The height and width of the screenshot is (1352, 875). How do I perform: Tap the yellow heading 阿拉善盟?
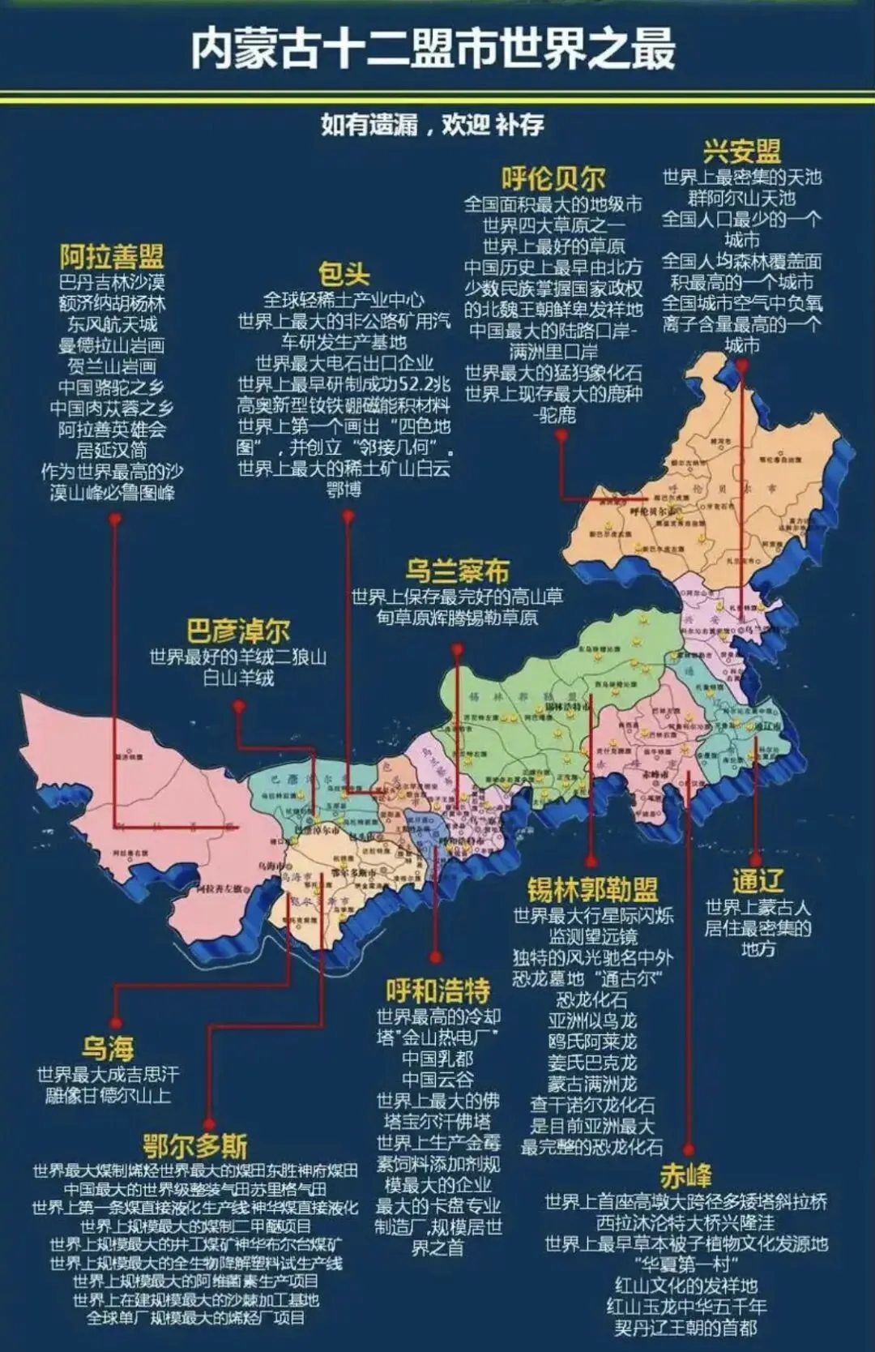tap(112, 258)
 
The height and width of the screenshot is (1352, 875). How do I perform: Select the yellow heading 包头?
tap(344, 274)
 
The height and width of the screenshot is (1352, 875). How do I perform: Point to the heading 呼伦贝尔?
tap(553, 178)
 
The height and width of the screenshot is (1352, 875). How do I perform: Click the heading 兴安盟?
tap(741, 151)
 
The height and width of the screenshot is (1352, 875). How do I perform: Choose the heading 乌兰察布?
tap(457, 571)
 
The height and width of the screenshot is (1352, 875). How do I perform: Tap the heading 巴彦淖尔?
tap(238, 631)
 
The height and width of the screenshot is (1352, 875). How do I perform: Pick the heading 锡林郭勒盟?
tap(592, 889)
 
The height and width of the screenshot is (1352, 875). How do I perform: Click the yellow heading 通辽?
tap(757, 880)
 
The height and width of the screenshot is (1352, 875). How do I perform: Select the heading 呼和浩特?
tap(437, 990)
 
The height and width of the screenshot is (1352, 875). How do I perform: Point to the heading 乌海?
tap(108, 1049)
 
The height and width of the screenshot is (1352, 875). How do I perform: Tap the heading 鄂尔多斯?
tap(195, 1146)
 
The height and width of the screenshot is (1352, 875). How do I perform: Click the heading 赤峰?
tap(685, 1175)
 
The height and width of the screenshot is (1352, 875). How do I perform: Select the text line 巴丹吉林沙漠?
tap(112, 282)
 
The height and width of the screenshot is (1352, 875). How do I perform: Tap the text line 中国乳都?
tap(437, 1059)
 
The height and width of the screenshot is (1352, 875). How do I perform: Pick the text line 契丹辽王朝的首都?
tap(685, 1328)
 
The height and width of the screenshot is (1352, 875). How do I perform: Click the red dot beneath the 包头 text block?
tap(348, 515)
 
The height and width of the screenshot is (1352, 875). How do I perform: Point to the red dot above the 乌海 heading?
tap(115, 1023)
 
